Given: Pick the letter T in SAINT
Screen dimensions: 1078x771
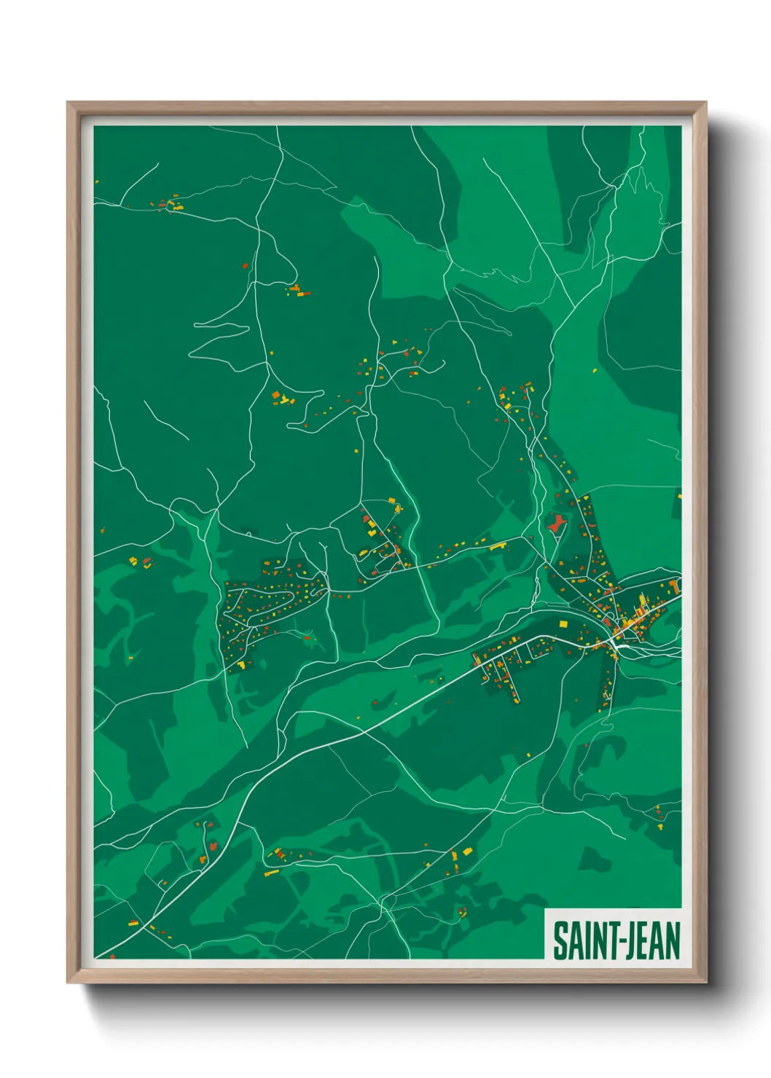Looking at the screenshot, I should tap(608, 940).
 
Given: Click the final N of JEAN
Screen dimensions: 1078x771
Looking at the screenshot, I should tap(673, 940).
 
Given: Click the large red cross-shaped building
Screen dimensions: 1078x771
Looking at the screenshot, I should tap(556, 522).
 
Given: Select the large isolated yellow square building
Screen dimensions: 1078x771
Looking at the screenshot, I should tap(563, 624).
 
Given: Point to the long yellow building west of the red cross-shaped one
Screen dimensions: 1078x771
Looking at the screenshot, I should tap(498, 545).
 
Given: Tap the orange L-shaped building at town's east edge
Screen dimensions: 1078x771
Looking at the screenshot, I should tap(677, 585).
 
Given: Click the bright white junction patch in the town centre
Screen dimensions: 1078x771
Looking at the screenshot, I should tap(620, 643).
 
